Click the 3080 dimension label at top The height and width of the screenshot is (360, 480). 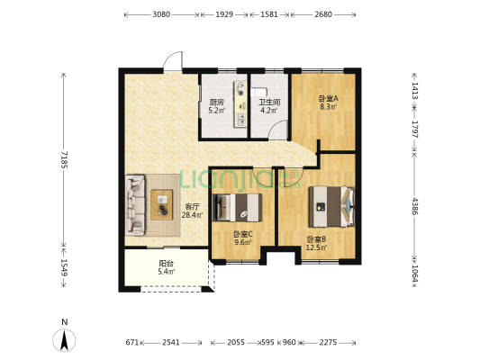pyautogui.click(x=161, y=14)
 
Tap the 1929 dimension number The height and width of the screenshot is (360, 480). pyautogui.click(x=224, y=14)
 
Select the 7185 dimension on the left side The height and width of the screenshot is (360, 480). pyautogui.click(x=64, y=159)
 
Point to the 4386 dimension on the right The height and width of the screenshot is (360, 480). pyautogui.click(x=414, y=206)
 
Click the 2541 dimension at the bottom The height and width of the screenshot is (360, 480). pyautogui.click(x=171, y=342)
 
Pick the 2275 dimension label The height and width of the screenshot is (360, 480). pyautogui.click(x=328, y=342)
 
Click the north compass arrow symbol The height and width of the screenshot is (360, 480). pyautogui.click(x=64, y=340)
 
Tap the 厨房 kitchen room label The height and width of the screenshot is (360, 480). pyautogui.click(x=217, y=103)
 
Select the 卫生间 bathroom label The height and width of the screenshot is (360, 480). pyautogui.click(x=269, y=103)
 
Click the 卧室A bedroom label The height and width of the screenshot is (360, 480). pyautogui.click(x=328, y=99)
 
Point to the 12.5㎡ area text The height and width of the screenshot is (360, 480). pyautogui.click(x=316, y=247)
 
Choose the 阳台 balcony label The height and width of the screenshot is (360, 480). pyautogui.click(x=167, y=264)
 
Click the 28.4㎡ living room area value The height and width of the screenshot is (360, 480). pyautogui.click(x=192, y=215)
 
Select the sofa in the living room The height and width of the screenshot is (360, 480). pyautogui.click(x=135, y=205)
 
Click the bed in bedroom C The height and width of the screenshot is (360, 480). pyautogui.click(x=237, y=207)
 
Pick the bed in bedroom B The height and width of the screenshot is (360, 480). pyautogui.click(x=331, y=207)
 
